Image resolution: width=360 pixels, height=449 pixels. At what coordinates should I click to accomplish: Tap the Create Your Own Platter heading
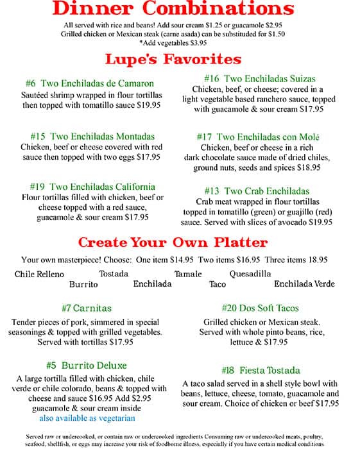tap(173, 242)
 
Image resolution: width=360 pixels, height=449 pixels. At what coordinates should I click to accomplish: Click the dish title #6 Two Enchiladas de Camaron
tap(90, 83)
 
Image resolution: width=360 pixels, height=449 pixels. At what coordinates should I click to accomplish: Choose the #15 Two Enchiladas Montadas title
tap(92, 136)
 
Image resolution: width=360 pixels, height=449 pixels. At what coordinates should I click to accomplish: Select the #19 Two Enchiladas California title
tap(92, 187)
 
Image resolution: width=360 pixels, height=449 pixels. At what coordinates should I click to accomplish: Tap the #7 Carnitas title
tap(89, 309)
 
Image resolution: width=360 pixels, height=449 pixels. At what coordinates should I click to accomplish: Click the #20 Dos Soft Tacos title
tap(260, 309)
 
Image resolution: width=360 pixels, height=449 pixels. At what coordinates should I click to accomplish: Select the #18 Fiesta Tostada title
tap(260, 370)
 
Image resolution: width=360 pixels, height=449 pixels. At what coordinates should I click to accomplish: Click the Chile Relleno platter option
tap(39, 275)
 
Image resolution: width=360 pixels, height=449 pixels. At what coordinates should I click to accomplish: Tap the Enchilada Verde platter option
tap(304, 284)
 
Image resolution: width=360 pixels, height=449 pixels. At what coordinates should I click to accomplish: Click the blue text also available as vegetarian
tap(87, 418)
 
